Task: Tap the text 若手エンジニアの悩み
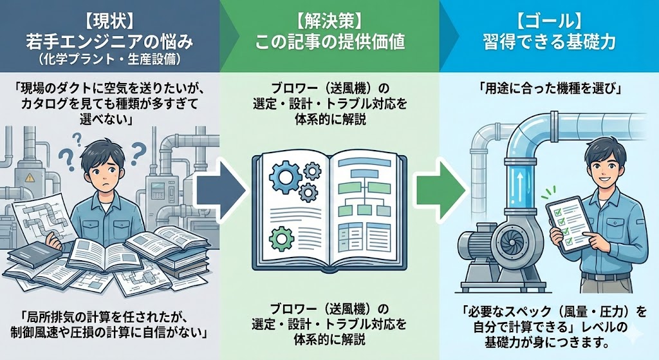pyautogui.click(x=109, y=43)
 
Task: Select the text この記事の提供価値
pyautogui.click(x=329, y=43)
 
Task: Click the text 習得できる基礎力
pyautogui.click(x=549, y=43)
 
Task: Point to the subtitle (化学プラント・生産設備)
pyautogui.click(x=109, y=62)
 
